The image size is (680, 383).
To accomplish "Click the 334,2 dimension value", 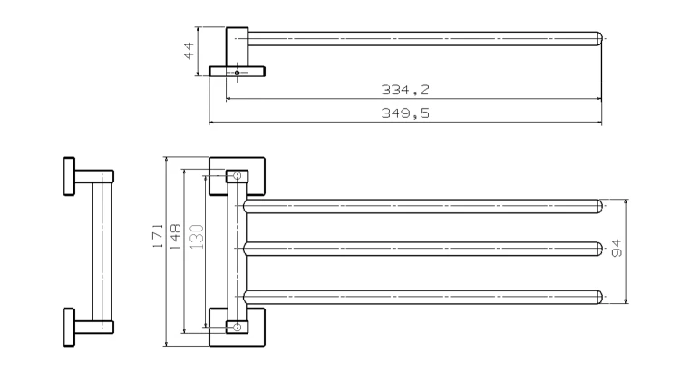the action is tap(405, 90).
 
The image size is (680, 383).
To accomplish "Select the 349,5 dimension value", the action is tap(405, 113).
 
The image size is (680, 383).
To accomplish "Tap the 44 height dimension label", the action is tap(189, 51).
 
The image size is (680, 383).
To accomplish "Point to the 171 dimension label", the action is tap(158, 236).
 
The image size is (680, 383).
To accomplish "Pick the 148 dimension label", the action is tap(175, 236).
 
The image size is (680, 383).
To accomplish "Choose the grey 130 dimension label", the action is tap(197, 236).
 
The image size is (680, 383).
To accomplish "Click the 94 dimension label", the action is tap(617, 249).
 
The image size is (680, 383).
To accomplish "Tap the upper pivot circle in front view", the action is tap(238, 175).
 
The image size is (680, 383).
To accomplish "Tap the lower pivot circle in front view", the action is tap(238, 327).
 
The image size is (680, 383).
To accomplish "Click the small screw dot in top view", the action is tap(237, 73).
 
